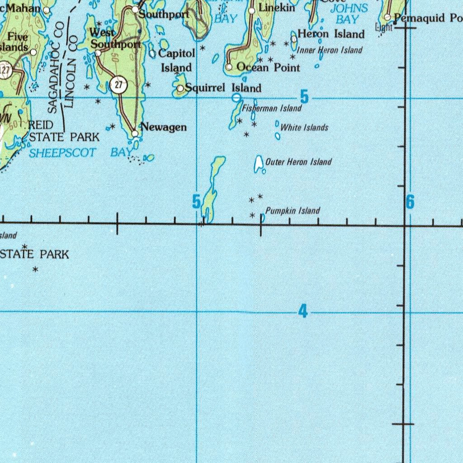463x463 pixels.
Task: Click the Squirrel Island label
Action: tap(223, 88)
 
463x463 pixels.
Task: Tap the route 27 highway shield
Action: tap(118, 85)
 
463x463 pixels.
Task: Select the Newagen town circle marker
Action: tap(135, 133)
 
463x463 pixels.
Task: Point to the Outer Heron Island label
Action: tap(298, 162)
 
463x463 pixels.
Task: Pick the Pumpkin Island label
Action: tap(293, 211)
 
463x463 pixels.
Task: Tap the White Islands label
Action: tap(304, 128)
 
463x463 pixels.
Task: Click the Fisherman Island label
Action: tap(271, 109)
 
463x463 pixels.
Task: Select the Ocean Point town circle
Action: tap(229, 67)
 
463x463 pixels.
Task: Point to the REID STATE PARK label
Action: tap(63, 131)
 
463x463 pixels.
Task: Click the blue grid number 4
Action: tap(303, 312)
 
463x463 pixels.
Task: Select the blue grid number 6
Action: tap(410, 202)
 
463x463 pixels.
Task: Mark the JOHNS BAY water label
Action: tap(348, 14)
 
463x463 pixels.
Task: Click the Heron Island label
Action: tap(331, 34)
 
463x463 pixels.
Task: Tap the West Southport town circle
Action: tap(98, 53)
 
